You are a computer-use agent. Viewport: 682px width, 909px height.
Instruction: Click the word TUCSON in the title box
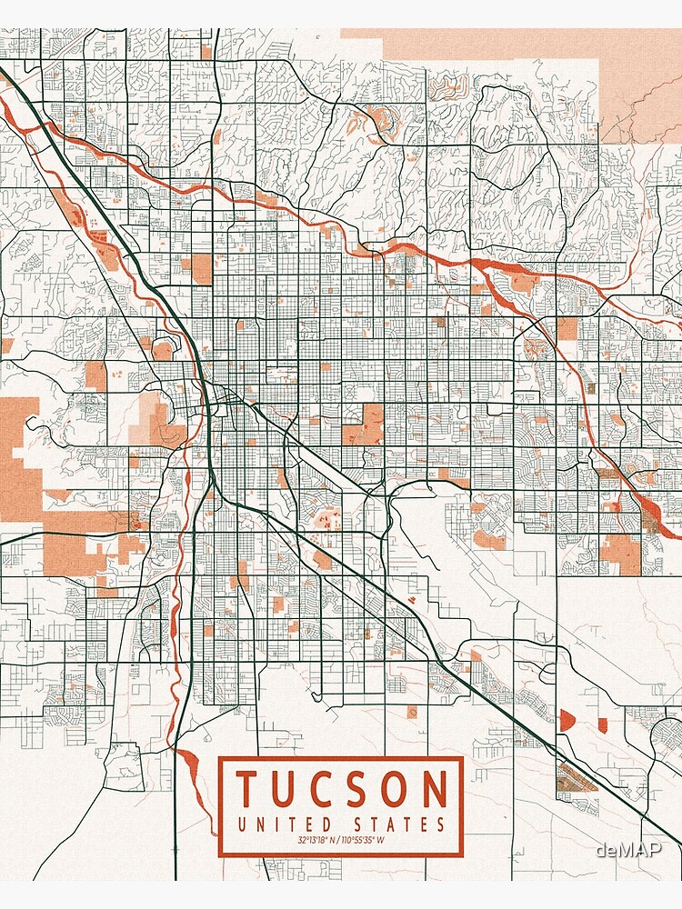[x=341, y=789]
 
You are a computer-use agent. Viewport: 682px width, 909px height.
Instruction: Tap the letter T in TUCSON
[x=246, y=789]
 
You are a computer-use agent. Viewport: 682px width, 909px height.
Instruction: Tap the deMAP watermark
[x=628, y=849]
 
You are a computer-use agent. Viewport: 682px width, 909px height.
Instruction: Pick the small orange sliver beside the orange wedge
[x=602, y=724]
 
